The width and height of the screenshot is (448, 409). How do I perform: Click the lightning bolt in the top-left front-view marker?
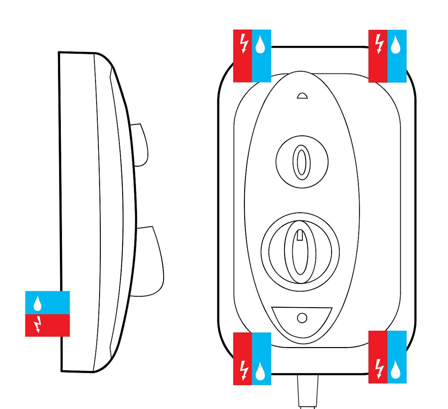click(244, 44)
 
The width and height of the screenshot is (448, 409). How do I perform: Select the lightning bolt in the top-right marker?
click(379, 44)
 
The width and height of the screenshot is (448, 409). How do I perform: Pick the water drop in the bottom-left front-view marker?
click(260, 370)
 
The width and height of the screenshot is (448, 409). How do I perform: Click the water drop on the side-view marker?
click(37, 304)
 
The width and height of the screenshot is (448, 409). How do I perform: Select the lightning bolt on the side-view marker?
click(37, 325)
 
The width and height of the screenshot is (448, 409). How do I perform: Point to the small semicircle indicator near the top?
click(302, 96)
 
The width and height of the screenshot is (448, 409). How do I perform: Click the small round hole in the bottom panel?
click(302, 318)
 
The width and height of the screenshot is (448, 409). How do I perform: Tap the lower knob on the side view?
click(149, 261)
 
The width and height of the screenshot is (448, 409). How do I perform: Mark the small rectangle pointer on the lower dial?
click(300, 235)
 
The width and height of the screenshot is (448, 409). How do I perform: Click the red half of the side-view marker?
click(47, 325)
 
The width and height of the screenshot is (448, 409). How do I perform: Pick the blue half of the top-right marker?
click(397, 56)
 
